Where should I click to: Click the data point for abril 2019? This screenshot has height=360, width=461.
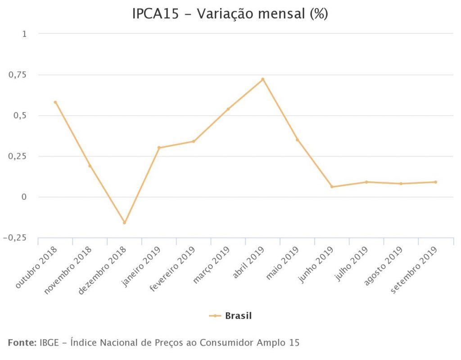click(263, 79)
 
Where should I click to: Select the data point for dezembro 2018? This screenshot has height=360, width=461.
click(125, 223)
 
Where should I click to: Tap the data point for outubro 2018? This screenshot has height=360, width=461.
click(55, 102)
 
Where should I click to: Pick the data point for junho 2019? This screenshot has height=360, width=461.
click(332, 187)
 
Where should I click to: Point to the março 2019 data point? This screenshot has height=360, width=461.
click(228, 109)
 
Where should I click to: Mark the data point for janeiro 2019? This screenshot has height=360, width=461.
click(159, 148)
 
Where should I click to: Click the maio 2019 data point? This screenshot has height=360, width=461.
click(297, 139)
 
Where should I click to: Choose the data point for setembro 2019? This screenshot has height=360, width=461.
click(436, 182)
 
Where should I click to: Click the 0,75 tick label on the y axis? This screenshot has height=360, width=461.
click(18, 75)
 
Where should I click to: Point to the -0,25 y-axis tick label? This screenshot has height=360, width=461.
click(14, 238)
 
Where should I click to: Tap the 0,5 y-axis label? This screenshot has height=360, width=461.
click(20, 116)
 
